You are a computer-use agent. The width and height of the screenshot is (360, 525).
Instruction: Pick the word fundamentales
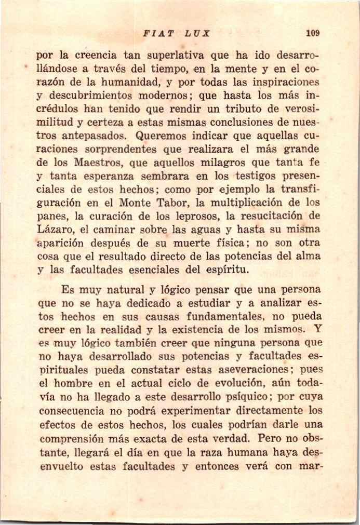click(214, 316)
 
